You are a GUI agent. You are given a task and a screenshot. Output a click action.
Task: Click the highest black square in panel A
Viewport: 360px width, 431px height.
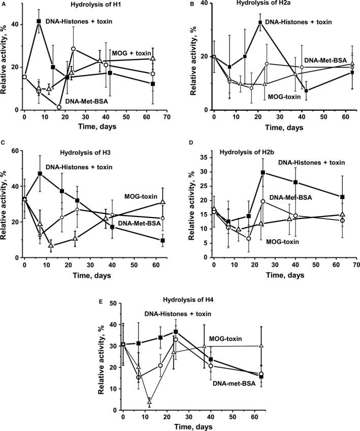(39, 21)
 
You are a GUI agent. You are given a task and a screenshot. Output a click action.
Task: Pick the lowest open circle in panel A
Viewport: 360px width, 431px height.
(59, 107)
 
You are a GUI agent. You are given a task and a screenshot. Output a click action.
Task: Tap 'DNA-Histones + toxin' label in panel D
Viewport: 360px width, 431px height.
(311, 163)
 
